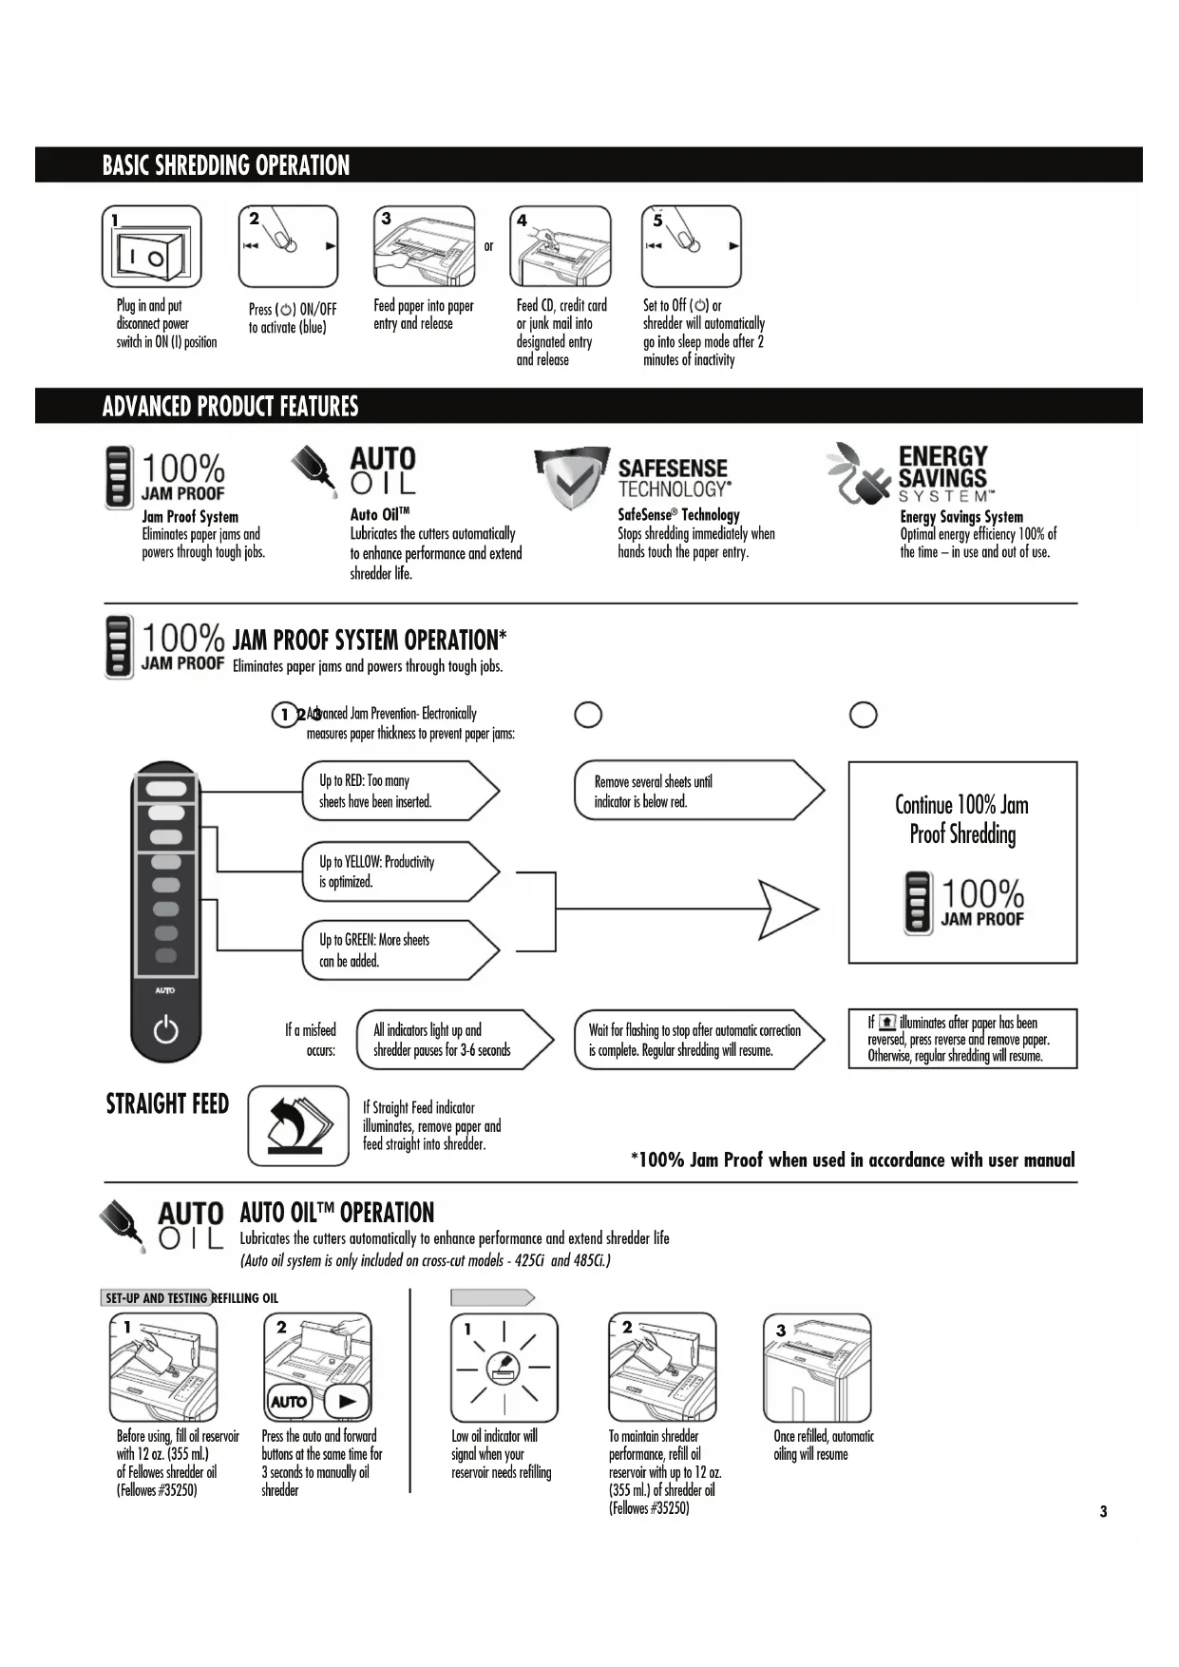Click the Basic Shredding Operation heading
point(226,165)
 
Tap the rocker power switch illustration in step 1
point(149,253)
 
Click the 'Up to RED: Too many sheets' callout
point(399,791)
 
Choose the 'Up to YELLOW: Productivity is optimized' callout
point(399,872)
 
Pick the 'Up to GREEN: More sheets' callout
point(399,950)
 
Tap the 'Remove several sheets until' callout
point(696,791)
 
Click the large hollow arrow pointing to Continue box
point(788,910)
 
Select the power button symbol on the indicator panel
point(165,1029)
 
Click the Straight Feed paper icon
point(297,1126)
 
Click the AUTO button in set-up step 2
point(289,1401)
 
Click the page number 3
point(1103,1511)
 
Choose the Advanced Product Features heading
point(231,407)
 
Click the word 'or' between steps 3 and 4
point(489,246)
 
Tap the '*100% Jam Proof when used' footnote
point(852,1159)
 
